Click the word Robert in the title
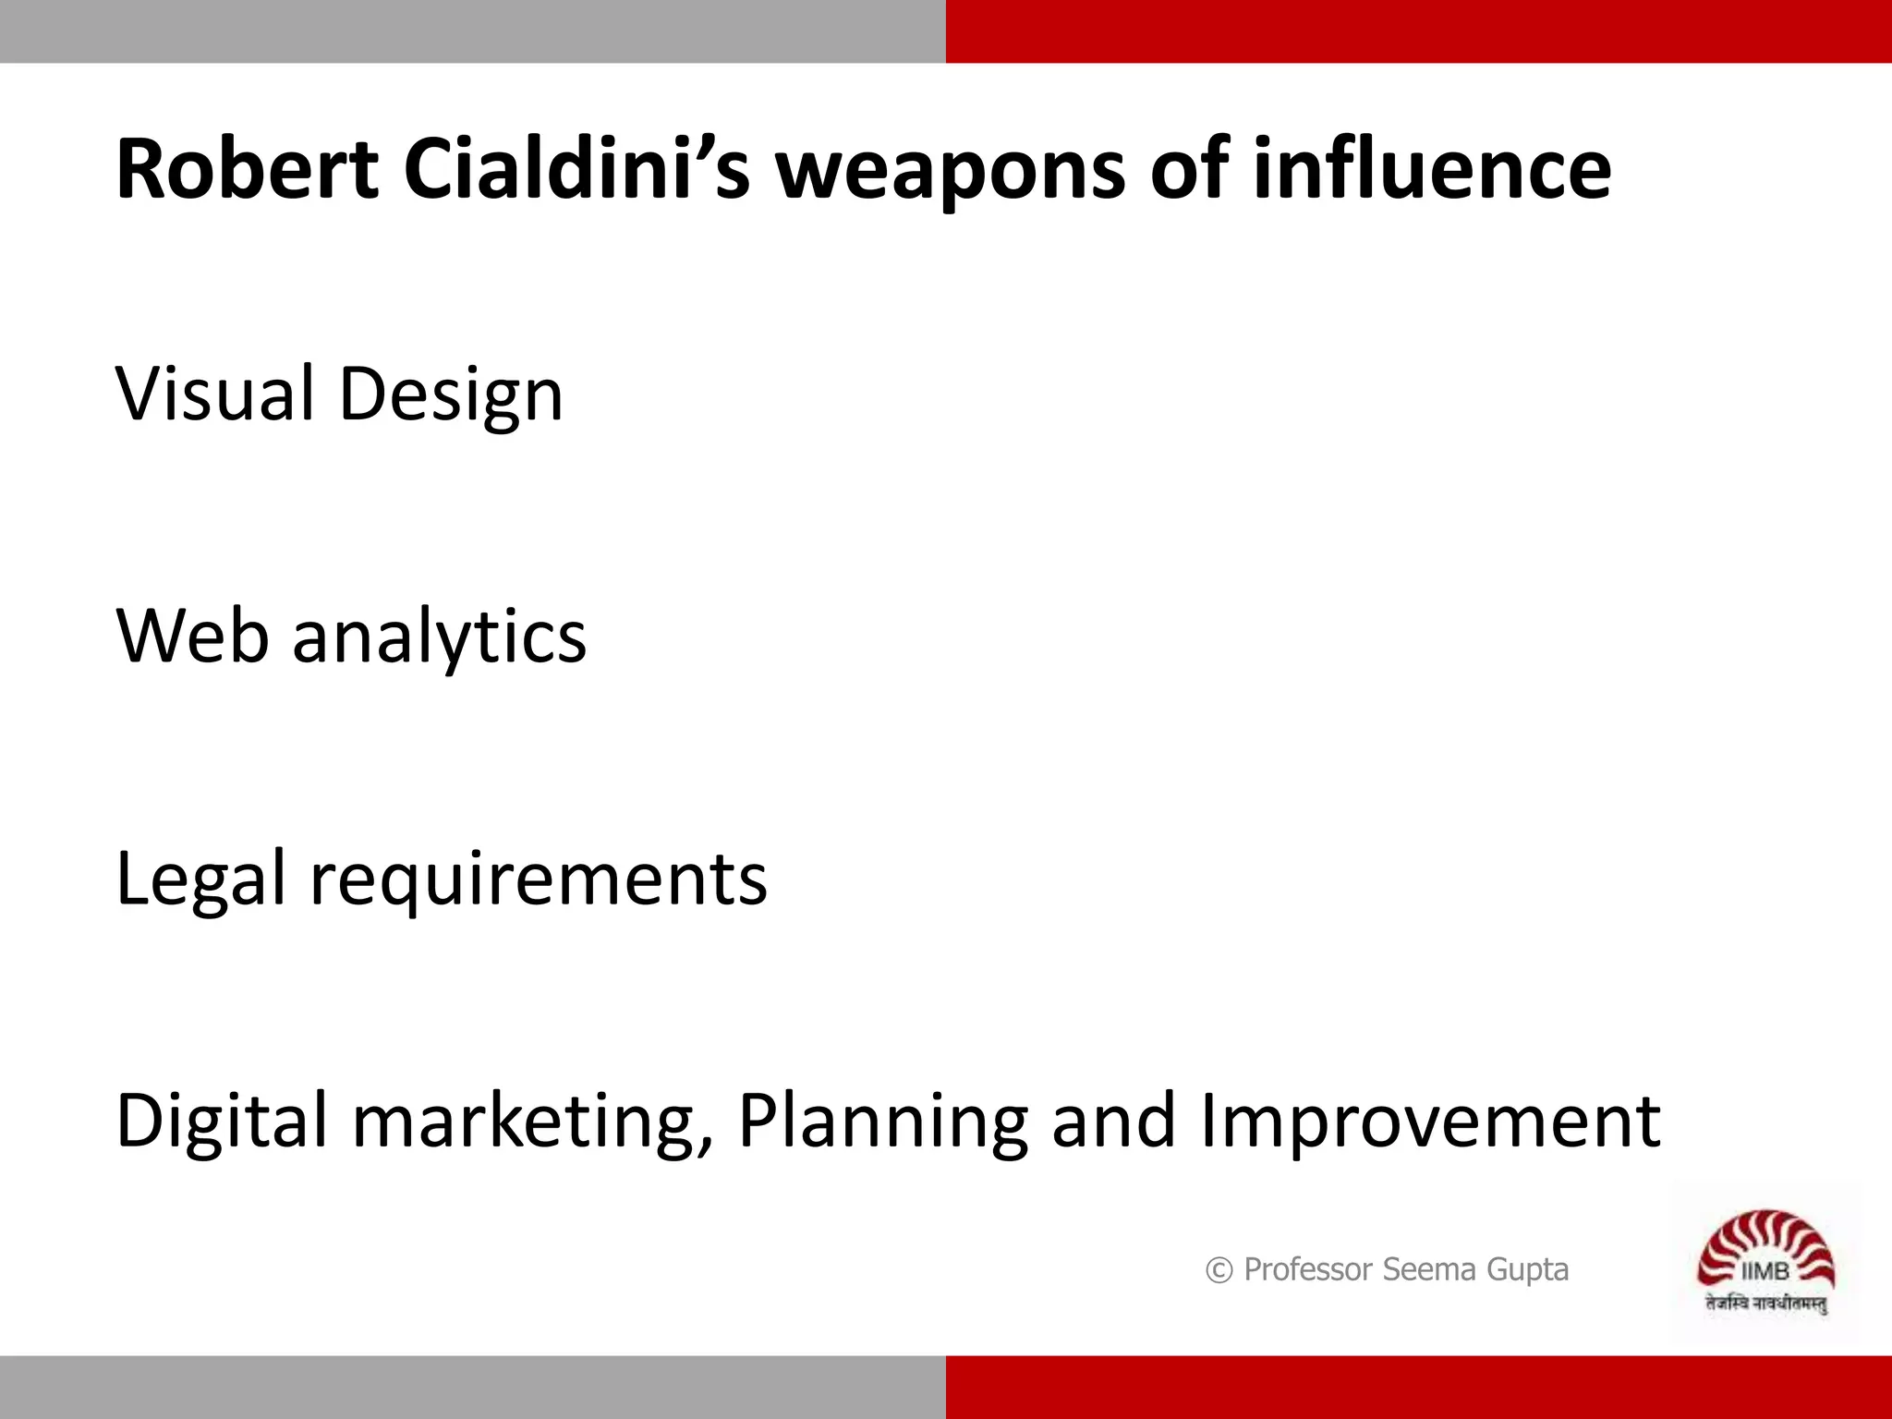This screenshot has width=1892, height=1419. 247,169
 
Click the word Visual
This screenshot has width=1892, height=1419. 214,394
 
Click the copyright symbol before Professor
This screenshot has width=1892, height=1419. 1219,1271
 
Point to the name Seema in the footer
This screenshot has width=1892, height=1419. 1429,1270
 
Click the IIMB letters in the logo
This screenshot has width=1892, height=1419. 1765,1272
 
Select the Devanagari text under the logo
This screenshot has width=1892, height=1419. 1765,1304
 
